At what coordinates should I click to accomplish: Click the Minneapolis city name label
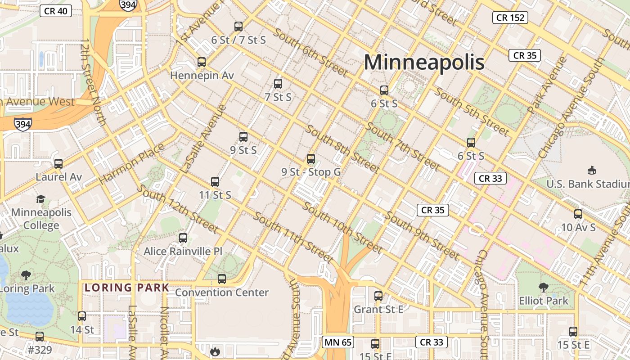(x=424, y=62)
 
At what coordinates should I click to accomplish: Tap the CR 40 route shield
(x=56, y=11)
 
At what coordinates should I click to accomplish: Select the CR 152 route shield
(x=510, y=18)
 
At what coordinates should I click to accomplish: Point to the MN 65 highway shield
(x=337, y=342)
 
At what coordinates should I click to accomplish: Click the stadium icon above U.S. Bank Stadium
(x=592, y=171)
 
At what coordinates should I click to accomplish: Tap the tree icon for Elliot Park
(x=544, y=287)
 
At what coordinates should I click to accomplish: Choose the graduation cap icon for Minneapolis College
(x=41, y=199)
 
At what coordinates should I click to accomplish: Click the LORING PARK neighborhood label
(x=127, y=288)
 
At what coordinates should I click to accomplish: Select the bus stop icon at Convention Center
(x=222, y=279)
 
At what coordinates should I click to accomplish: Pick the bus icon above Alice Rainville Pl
(x=183, y=238)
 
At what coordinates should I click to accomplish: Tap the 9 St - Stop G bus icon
(x=311, y=159)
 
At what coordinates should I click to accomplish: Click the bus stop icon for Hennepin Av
(x=202, y=62)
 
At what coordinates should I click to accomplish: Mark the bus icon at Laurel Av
(x=58, y=164)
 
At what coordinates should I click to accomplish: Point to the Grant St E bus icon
(x=378, y=296)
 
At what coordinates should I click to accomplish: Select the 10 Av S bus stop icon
(x=578, y=214)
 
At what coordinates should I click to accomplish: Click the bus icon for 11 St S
(x=215, y=182)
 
